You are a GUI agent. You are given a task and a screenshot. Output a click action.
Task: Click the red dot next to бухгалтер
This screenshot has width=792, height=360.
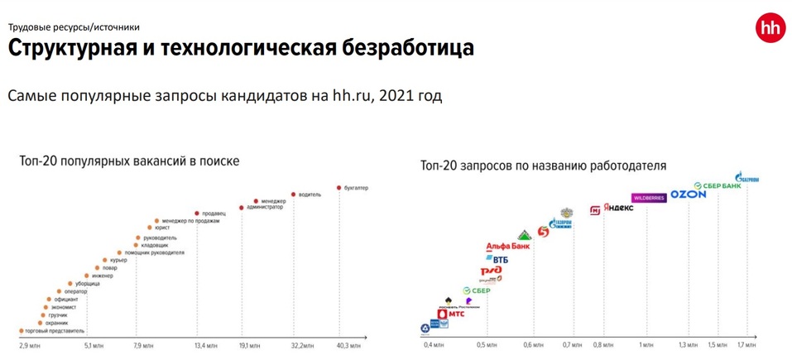pyautogui.click(x=338, y=188)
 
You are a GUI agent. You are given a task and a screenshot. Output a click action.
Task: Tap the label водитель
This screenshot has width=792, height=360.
pyautogui.click(x=310, y=194)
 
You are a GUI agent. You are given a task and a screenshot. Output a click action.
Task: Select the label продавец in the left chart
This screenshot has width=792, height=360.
pyautogui.click(x=214, y=214)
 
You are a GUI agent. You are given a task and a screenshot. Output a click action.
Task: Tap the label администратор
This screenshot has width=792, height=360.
pyautogui.click(x=265, y=207)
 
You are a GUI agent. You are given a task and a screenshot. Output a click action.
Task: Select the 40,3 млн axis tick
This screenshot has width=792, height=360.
pyautogui.click(x=348, y=344)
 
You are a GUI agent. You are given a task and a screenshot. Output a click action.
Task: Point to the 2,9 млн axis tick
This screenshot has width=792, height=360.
pyautogui.click(x=30, y=344)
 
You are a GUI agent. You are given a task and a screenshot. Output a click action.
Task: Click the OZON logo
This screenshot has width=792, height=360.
pyautogui.click(x=688, y=194)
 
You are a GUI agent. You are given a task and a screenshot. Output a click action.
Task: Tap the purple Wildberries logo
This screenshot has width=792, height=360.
pyautogui.click(x=648, y=198)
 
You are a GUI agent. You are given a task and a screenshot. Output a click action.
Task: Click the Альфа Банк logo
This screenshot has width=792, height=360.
pyautogui.click(x=508, y=247)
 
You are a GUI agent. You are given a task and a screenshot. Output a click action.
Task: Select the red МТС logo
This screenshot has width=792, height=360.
pyautogui.click(x=451, y=314)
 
